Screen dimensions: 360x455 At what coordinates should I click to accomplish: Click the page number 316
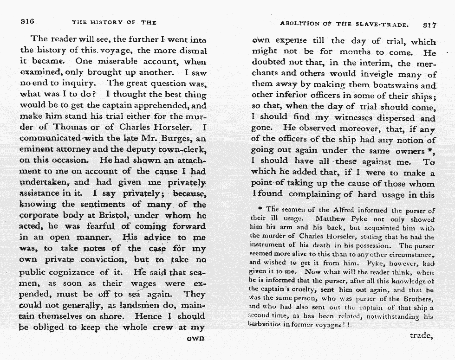pyautogui.click(x=28, y=22)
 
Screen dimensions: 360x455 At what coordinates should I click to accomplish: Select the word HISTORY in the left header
pyautogui.click(x=107, y=22)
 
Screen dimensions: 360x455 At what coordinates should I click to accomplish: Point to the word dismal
pyautogui.click(x=192, y=51)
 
